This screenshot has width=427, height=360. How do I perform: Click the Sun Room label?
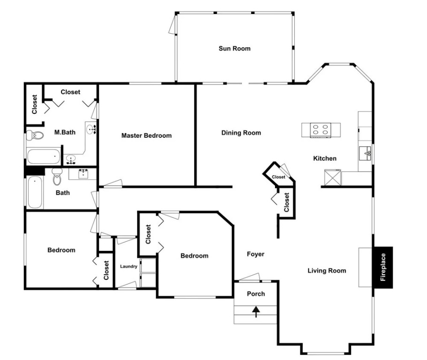click(235, 48)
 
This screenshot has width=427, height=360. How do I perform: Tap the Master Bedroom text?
click(146, 135)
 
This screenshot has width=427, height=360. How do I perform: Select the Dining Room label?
click(241, 133)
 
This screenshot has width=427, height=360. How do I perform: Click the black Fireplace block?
click(383, 267)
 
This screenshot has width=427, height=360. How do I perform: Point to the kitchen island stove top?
click(320, 130)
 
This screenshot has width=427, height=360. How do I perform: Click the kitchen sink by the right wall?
click(365, 153)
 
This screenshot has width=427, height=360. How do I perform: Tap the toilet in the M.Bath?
click(35, 135)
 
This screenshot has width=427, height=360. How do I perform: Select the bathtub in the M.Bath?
click(44, 156)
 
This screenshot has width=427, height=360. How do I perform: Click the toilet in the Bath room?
click(57, 177)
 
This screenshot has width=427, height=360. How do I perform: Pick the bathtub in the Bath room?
click(35, 192)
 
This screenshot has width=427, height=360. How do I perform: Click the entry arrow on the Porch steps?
click(256, 312)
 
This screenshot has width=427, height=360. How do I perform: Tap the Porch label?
click(256, 294)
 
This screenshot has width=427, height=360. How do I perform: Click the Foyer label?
click(255, 254)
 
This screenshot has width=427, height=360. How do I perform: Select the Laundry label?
click(129, 266)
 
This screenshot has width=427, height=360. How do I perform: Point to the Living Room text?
click(327, 271)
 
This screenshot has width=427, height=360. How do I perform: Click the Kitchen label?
click(325, 158)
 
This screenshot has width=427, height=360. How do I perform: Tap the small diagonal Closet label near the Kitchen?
click(278, 177)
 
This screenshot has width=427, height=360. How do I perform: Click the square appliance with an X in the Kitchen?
click(333, 177)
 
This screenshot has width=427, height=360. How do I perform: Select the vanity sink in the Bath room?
click(83, 173)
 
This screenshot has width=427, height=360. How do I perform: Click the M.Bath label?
click(65, 133)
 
